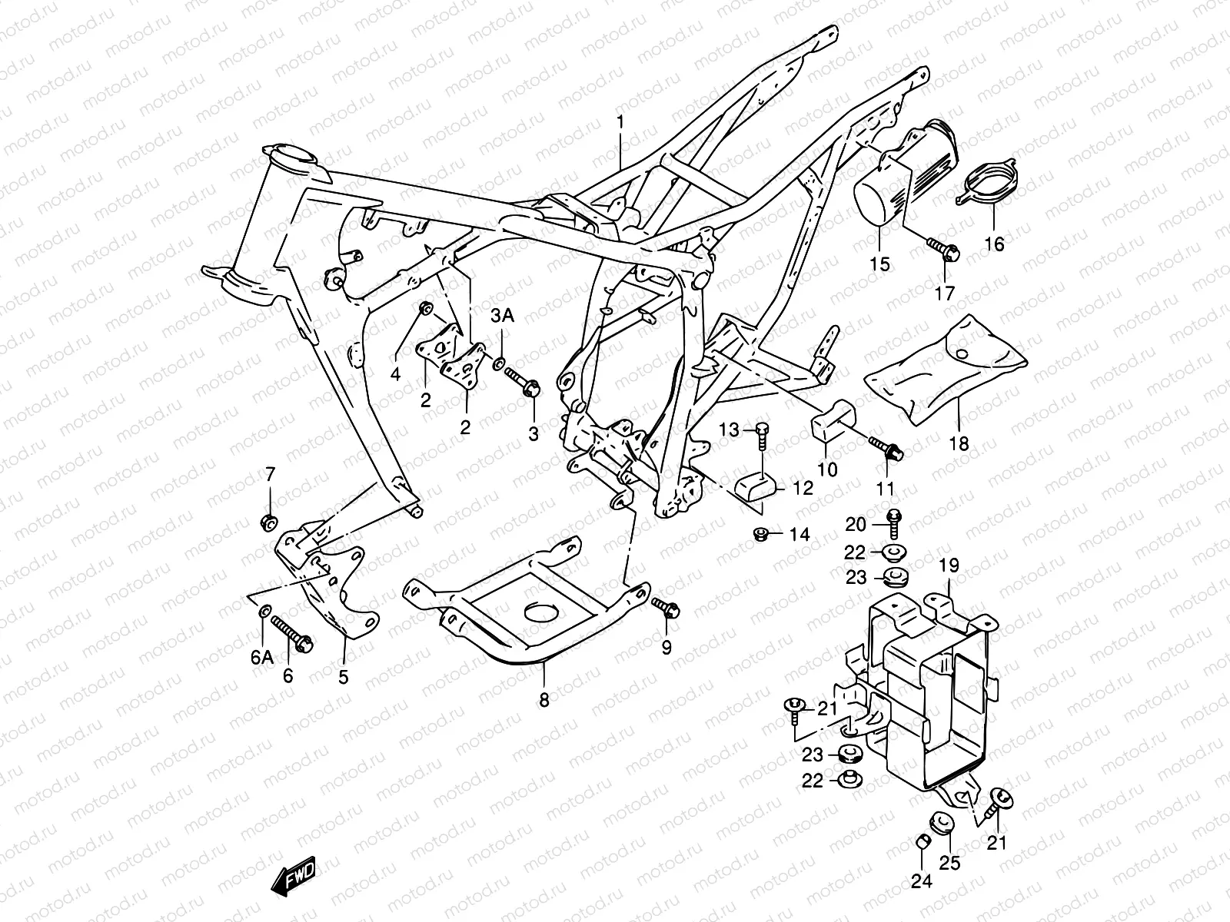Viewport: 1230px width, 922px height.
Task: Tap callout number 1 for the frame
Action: pyautogui.click(x=621, y=123)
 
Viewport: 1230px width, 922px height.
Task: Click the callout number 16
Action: pyautogui.click(x=994, y=244)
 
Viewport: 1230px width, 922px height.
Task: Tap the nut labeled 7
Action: pyautogui.click(x=271, y=522)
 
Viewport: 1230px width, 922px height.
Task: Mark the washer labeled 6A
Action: pyautogui.click(x=264, y=612)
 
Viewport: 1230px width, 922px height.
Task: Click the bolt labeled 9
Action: pyautogui.click(x=664, y=608)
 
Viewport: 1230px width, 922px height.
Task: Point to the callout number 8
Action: pyautogui.click(x=544, y=701)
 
